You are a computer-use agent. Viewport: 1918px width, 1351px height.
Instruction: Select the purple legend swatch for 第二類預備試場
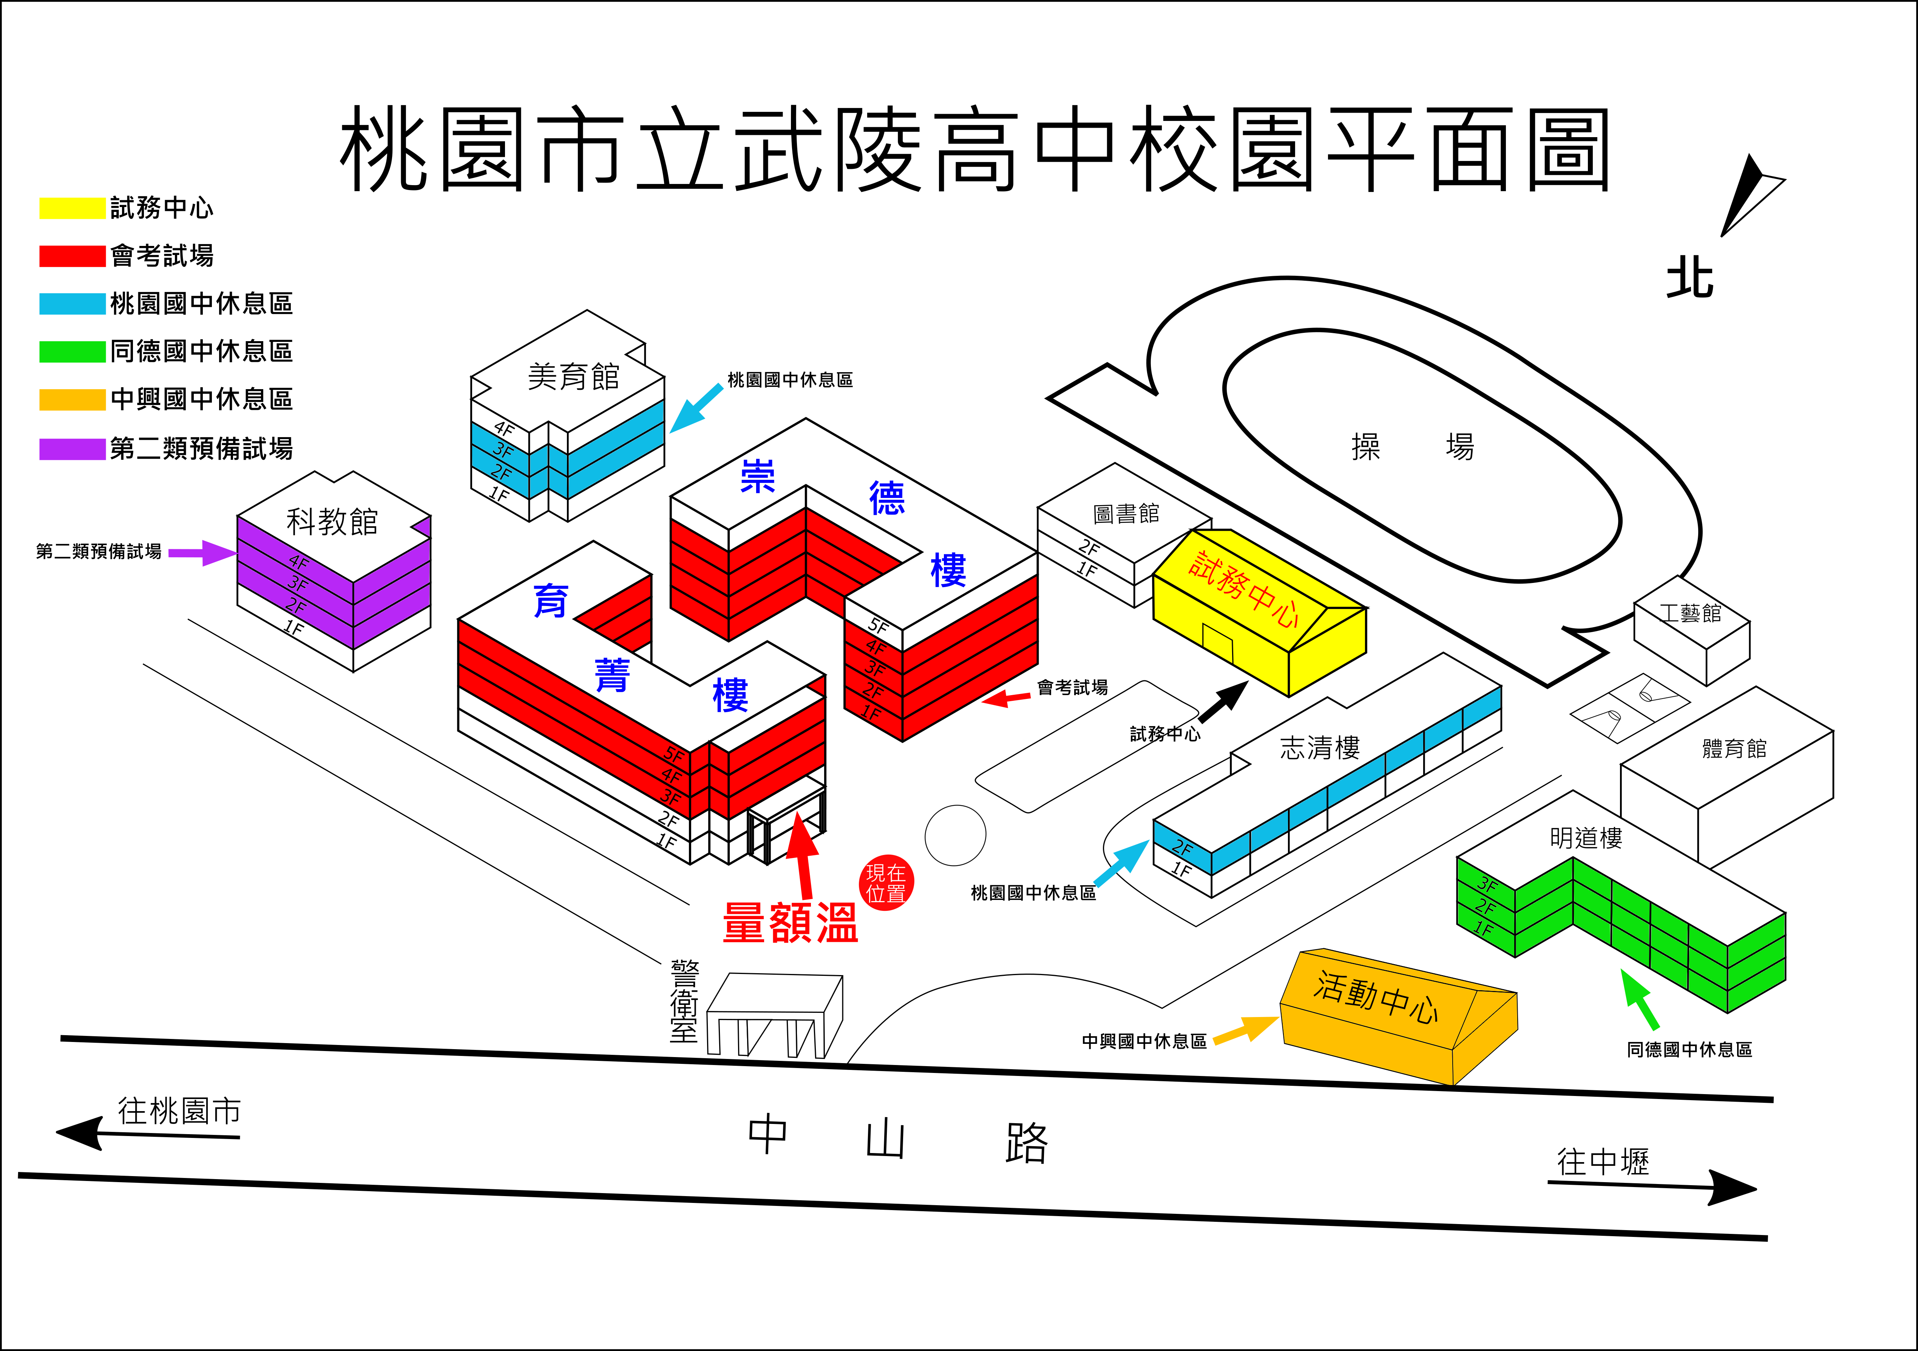[x=73, y=449]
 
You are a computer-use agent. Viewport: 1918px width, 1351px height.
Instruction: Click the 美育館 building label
[x=574, y=377]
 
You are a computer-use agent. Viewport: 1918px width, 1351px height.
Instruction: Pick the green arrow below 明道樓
[x=1640, y=999]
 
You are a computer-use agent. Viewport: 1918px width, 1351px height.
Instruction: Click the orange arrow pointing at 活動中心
[x=1246, y=1029]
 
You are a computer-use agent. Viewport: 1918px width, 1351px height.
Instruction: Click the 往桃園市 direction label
[x=180, y=1111]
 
